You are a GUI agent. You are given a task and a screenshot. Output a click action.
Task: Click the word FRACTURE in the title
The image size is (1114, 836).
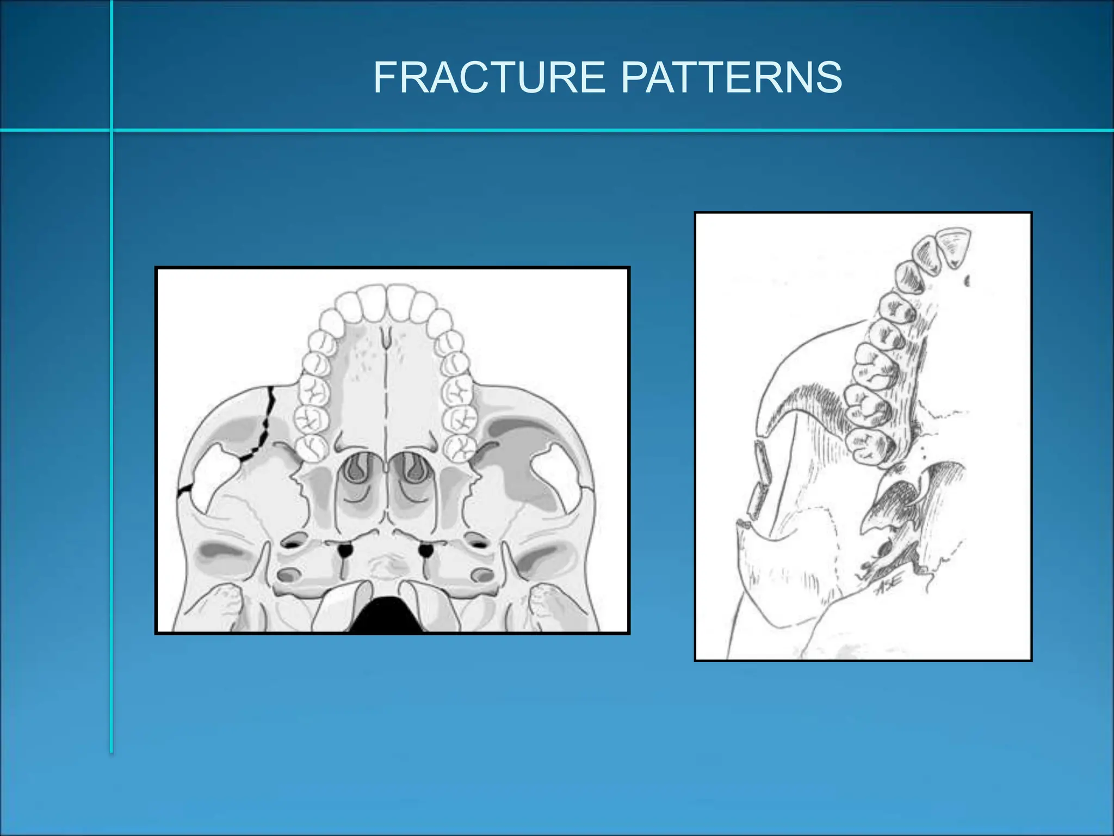pos(489,77)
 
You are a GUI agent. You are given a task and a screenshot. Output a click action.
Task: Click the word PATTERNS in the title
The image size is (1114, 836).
pos(731,77)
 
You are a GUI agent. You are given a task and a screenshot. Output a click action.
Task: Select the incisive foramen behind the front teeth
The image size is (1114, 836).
pos(386,337)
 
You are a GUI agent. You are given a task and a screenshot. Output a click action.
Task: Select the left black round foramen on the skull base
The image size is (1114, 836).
pos(345,550)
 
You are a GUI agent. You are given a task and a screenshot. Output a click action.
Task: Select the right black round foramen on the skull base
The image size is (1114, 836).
pos(426,550)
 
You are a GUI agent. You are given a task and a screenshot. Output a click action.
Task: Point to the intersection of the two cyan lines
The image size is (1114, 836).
pos(112,130)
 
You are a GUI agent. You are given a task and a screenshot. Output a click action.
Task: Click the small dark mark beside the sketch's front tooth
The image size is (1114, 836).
pos(967,281)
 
